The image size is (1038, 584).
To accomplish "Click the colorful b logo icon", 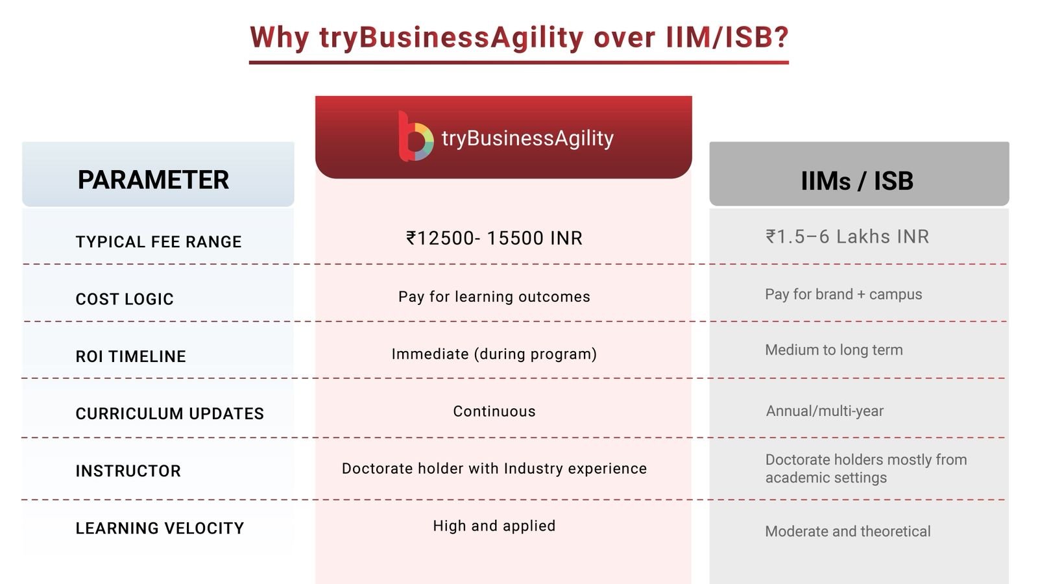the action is [x=416, y=137].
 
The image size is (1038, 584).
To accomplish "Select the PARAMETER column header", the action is [x=153, y=180].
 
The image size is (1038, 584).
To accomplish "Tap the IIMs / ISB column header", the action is [x=857, y=181].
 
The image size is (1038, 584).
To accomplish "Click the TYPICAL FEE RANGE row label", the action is [x=158, y=242].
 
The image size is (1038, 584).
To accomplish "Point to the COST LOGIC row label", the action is [x=125, y=299].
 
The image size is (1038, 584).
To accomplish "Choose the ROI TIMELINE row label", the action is [x=130, y=356].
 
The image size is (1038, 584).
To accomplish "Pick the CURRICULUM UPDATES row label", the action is [x=169, y=413].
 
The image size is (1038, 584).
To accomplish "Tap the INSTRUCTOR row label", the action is [x=128, y=471].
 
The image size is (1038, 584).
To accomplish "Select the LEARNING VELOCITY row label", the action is [x=160, y=528].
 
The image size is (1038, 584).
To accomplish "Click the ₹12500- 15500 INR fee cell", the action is [x=494, y=238].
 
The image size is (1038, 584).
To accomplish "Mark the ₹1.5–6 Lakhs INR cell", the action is [x=847, y=237].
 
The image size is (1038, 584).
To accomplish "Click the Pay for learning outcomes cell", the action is [x=494, y=297].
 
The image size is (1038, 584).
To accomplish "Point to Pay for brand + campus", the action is [x=843, y=295].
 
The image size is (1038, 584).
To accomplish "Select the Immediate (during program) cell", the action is [x=494, y=354].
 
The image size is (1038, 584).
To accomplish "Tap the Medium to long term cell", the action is [x=834, y=350].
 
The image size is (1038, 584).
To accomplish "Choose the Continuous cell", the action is [x=494, y=411].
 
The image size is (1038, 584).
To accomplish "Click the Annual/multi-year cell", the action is [x=825, y=411].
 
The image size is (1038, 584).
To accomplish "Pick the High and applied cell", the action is [x=494, y=526].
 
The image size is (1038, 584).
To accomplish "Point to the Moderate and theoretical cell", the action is [x=847, y=531].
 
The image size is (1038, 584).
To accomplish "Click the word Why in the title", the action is [x=280, y=38].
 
